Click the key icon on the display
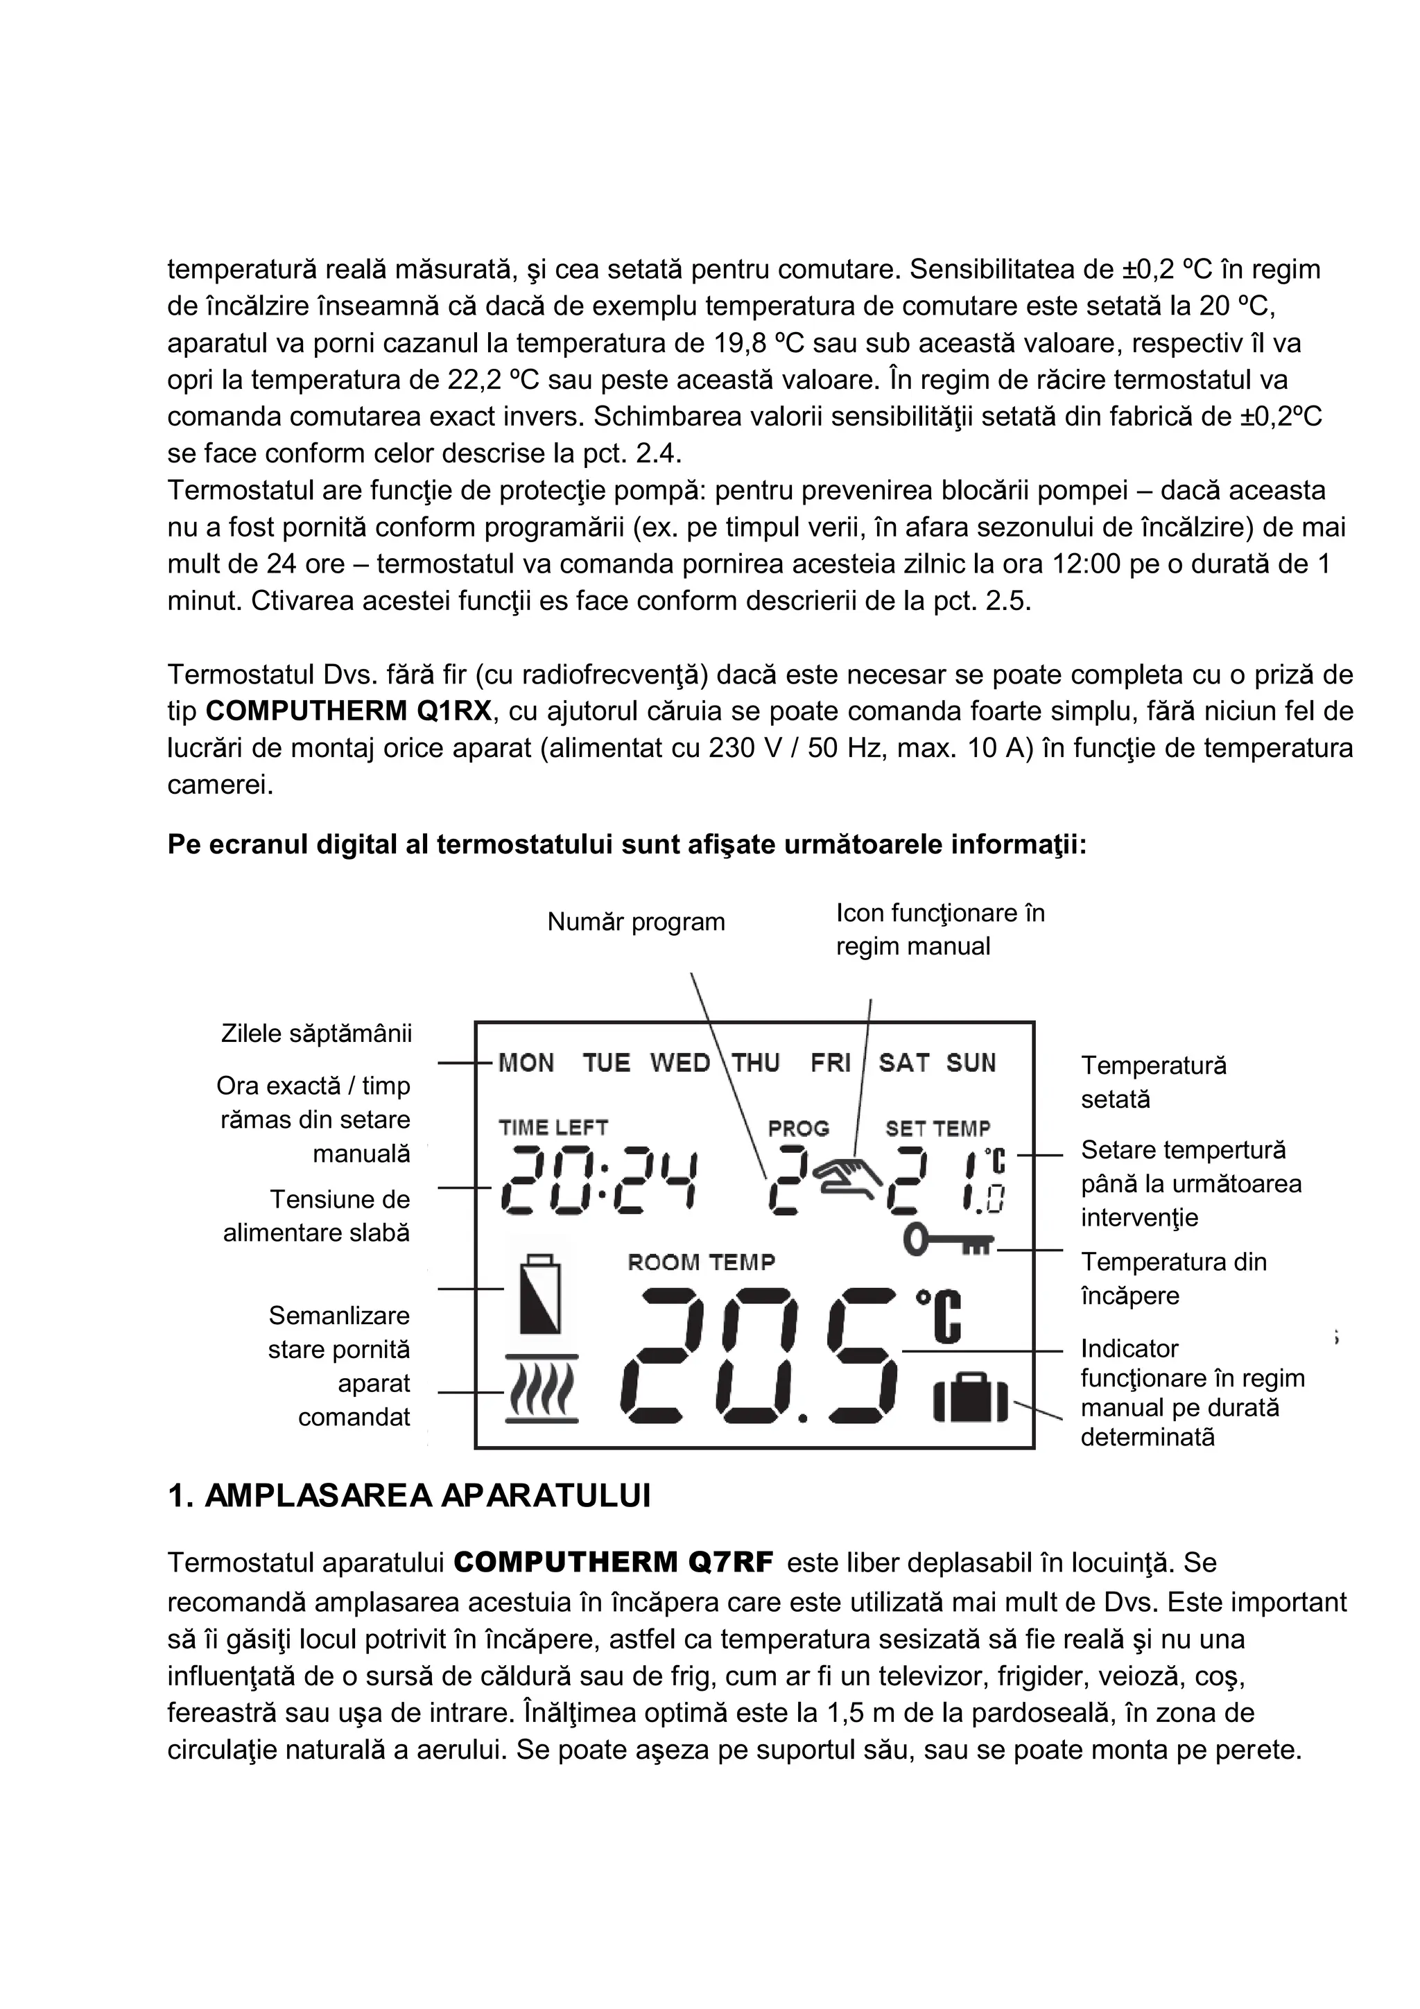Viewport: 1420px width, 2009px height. click(x=949, y=1240)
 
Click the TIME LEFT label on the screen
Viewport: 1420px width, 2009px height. click(x=553, y=1128)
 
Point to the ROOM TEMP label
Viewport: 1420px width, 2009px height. click(x=702, y=1262)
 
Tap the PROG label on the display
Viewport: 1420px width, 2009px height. click(x=798, y=1129)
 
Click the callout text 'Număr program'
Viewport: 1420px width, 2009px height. click(x=636, y=922)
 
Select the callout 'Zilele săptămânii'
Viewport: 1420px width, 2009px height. click(x=316, y=1034)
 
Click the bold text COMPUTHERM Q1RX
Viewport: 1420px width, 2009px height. click(x=349, y=711)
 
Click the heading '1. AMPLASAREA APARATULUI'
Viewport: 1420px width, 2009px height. click(x=408, y=1497)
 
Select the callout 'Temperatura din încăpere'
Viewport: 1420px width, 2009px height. click(x=1173, y=1278)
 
